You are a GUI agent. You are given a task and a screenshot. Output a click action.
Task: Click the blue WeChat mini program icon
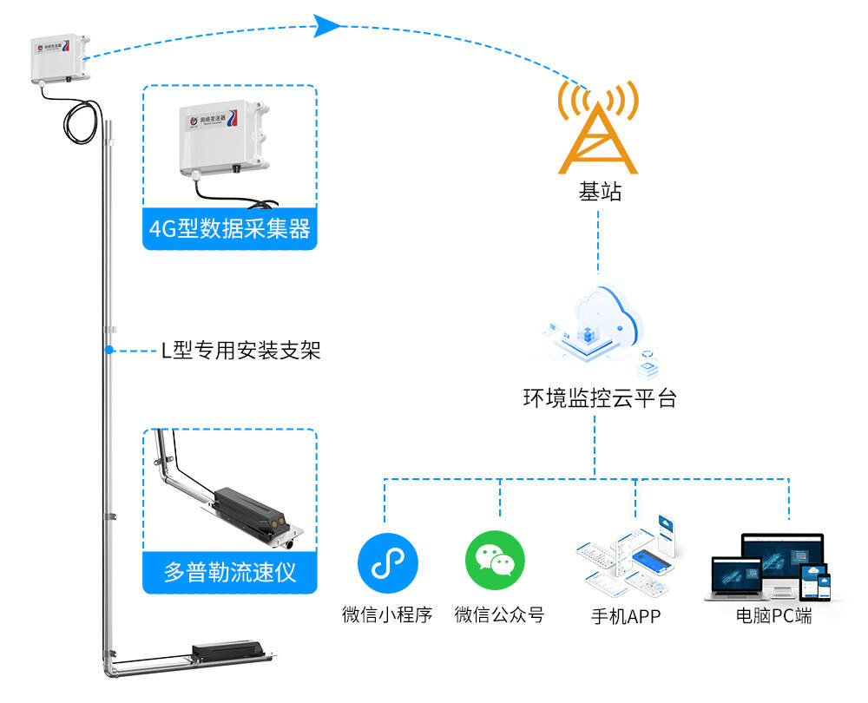(387, 563)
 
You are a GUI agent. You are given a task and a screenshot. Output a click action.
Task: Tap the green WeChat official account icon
(496, 563)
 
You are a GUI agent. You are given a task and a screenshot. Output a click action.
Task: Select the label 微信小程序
(387, 616)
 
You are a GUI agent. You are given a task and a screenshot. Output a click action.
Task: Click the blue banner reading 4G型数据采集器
(229, 230)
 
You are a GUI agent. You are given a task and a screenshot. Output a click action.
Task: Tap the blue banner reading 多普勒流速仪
(229, 573)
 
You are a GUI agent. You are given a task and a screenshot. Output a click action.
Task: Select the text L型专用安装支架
(241, 351)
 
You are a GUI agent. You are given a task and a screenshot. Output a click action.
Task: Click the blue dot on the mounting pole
(109, 351)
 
